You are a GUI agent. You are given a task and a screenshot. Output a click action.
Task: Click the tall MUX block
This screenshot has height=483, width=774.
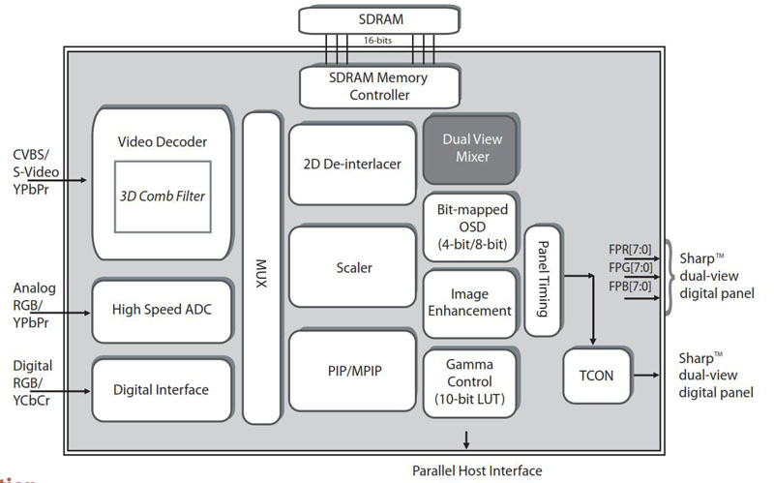coord(260,266)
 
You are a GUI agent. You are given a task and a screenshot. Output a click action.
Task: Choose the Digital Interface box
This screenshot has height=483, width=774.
coord(163,389)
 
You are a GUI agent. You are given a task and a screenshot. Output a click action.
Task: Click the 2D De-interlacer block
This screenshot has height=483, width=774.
coord(352,164)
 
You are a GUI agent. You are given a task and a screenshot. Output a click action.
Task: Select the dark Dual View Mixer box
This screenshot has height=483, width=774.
coord(468,147)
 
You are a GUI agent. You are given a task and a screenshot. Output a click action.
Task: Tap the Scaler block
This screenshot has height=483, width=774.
coord(352,267)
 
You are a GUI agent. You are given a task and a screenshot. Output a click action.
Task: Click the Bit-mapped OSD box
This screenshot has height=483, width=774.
coord(468,226)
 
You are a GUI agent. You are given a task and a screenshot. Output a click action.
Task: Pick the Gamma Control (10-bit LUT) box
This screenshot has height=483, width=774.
coord(468,381)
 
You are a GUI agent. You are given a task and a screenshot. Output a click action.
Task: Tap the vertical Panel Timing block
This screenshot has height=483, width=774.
coord(542,280)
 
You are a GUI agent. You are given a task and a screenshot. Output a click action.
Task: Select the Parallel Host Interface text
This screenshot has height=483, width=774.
coord(477,469)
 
